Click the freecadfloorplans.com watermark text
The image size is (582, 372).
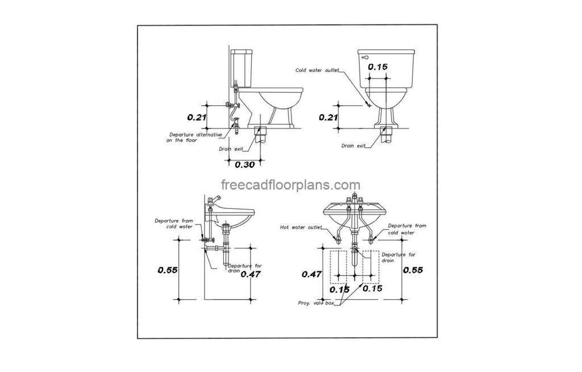point(290,185)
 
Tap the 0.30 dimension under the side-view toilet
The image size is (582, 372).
point(244,164)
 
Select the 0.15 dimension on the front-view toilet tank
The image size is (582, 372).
point(377,67)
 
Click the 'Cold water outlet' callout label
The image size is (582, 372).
point(317,70)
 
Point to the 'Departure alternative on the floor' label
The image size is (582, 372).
point(194,138)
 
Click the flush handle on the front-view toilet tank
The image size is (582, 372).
point(364,57)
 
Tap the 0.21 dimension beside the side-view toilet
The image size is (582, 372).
point(197,117)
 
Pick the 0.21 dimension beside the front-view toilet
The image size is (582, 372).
point(328,117)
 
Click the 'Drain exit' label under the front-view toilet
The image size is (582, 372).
point(354,146)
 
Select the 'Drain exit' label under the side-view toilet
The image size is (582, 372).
point(231,149)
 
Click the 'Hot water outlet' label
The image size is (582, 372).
point(301,227)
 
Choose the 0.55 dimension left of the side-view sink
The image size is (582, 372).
point(168,270)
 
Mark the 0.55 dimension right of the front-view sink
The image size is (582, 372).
point(413,270)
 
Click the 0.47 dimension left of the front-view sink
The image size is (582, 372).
point(311,274)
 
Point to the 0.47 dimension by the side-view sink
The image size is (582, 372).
point(251,274)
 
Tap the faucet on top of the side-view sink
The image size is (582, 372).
point(214,200)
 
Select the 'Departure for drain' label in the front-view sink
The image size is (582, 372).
point(398,258)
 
